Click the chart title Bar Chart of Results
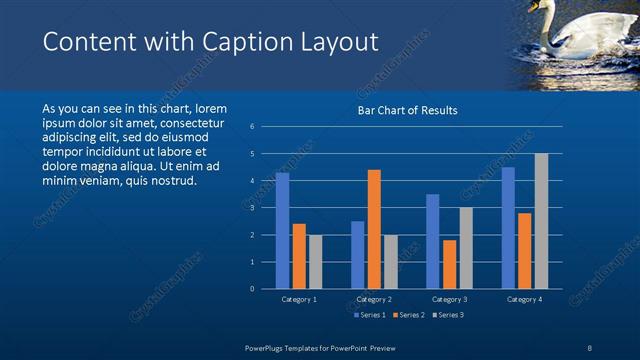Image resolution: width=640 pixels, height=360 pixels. point(407,110)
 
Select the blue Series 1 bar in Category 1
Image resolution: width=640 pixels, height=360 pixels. point(282,231)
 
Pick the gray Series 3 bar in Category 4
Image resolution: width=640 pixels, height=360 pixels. point(541,221)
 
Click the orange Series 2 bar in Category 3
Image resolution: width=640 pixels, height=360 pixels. point(449,264)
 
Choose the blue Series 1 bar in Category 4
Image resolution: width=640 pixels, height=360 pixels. point(508,228)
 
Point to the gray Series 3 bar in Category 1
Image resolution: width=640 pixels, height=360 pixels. point(315,262)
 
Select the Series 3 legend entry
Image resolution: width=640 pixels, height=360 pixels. point(447,315)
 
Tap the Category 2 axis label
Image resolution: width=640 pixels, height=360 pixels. point(373,299)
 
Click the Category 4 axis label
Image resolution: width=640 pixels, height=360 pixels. point(524,299)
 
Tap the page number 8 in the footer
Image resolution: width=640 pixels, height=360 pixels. point(590,347)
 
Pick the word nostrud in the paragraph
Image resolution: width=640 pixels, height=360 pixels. point(174,181)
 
